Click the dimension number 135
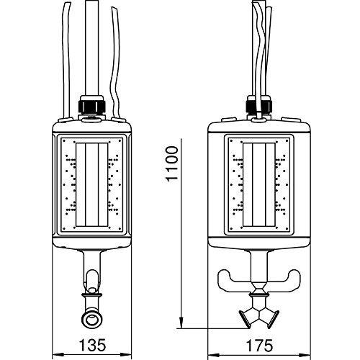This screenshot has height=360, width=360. click(x=92, y=345)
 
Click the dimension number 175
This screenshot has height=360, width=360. click(x=260, y=346)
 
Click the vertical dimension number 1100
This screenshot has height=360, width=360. click(x=172, y=163)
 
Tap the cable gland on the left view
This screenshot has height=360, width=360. click(x=92, y=105)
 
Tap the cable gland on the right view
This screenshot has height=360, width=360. click(x=259, y=105)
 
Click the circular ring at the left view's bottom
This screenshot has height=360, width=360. click(x=92, y=319)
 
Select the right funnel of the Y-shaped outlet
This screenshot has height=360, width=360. click(x=272, y=318)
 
